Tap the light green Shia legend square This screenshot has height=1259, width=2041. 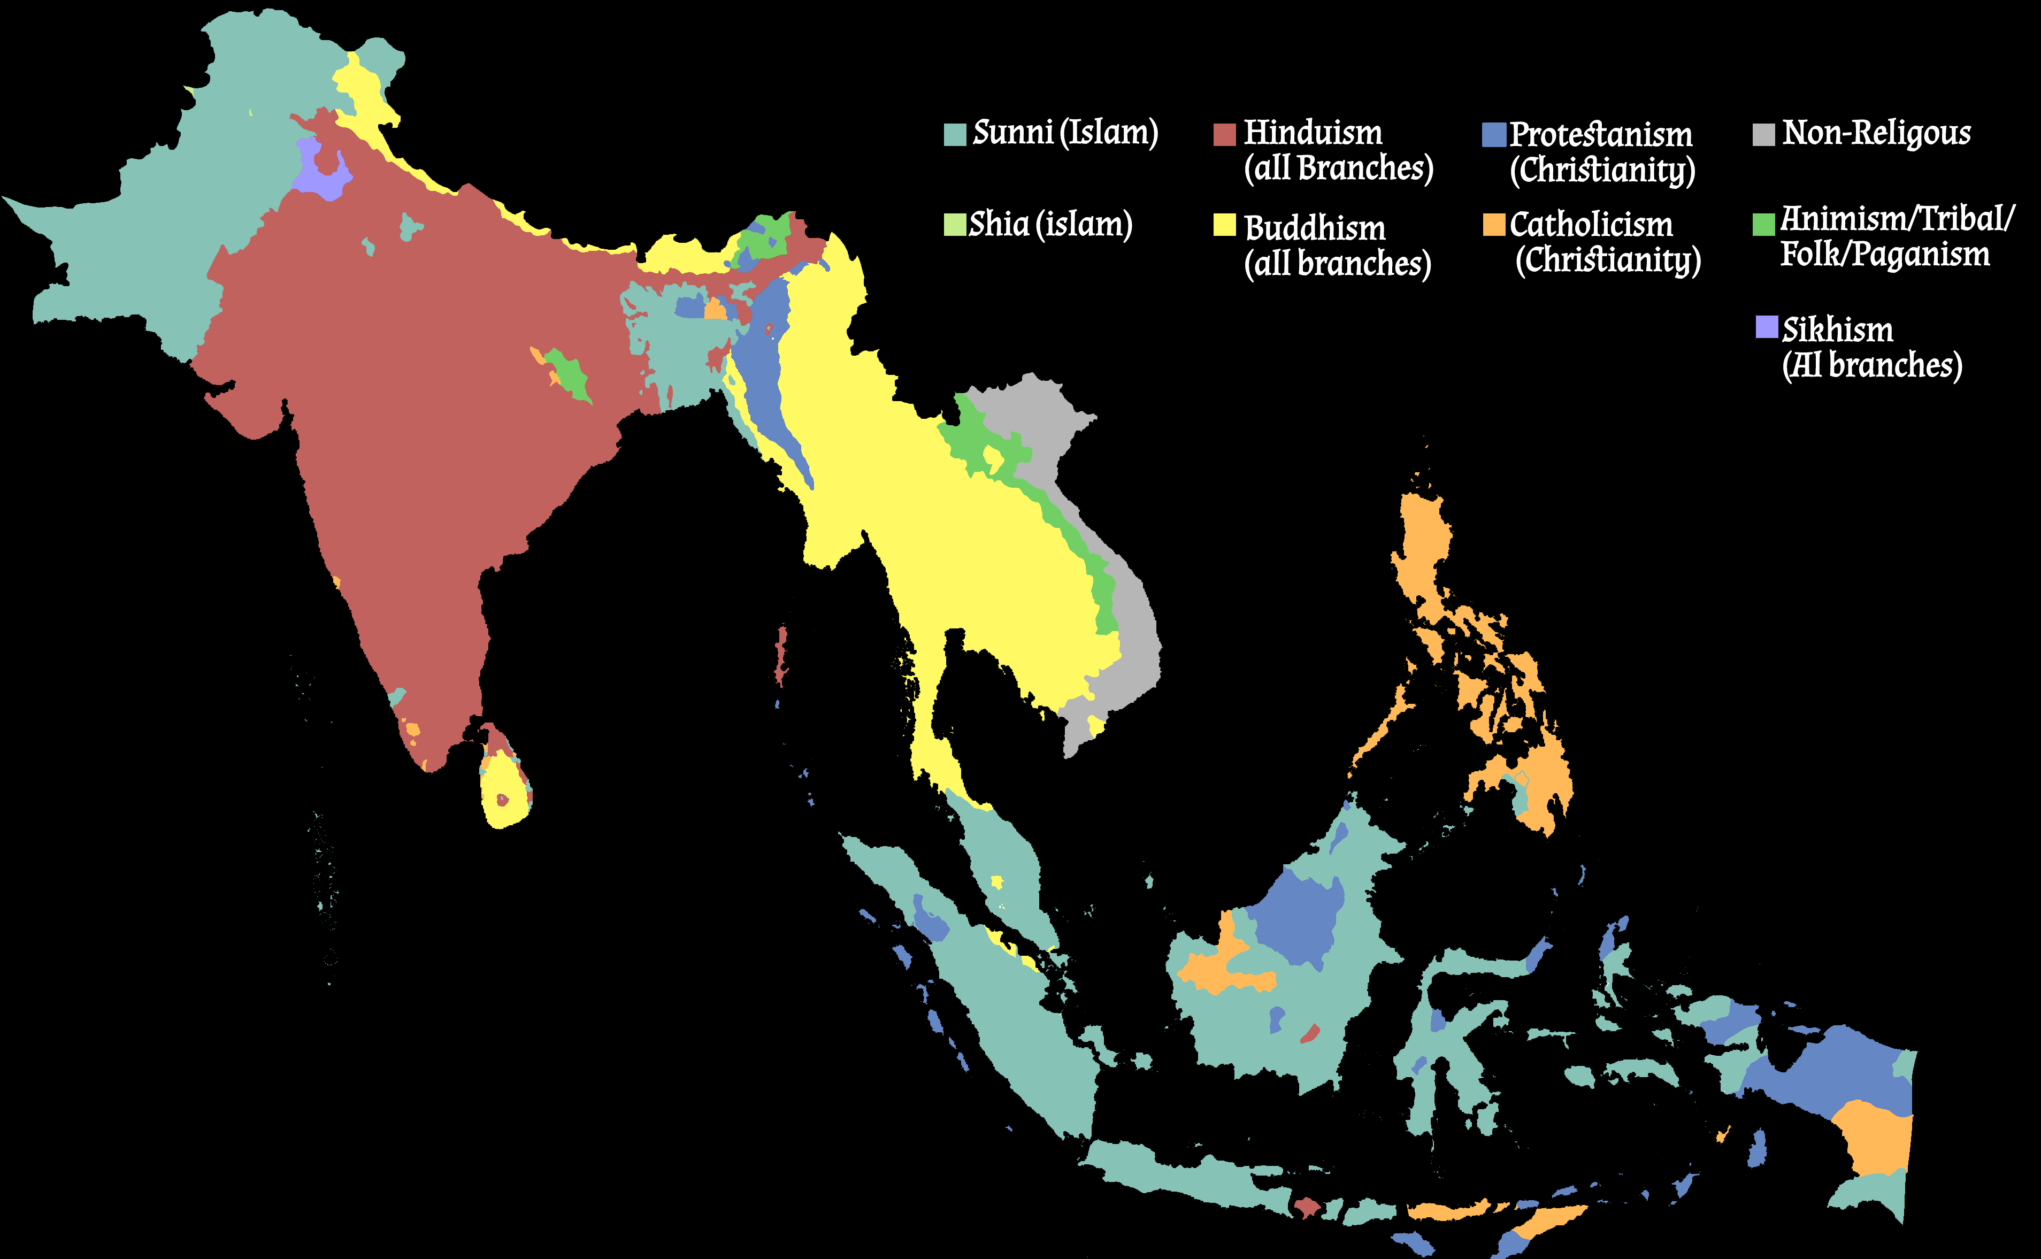tap(954, 225)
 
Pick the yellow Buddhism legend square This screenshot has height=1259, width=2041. tap(1224, 225)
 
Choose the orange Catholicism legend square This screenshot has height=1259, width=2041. tap(1494, 225)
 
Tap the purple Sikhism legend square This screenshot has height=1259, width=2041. tap(1766, 327)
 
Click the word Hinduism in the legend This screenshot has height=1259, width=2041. tap(1313, 133)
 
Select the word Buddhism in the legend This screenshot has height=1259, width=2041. tap(1315, 228)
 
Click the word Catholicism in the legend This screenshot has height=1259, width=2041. tap(1591, 225)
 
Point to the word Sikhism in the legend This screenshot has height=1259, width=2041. tap(1837, 330)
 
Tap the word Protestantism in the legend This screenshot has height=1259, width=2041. tap(1600, 135)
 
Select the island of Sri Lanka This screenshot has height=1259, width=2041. tap(504, 787)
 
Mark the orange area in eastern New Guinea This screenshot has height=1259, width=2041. tap(1878, 1137)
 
